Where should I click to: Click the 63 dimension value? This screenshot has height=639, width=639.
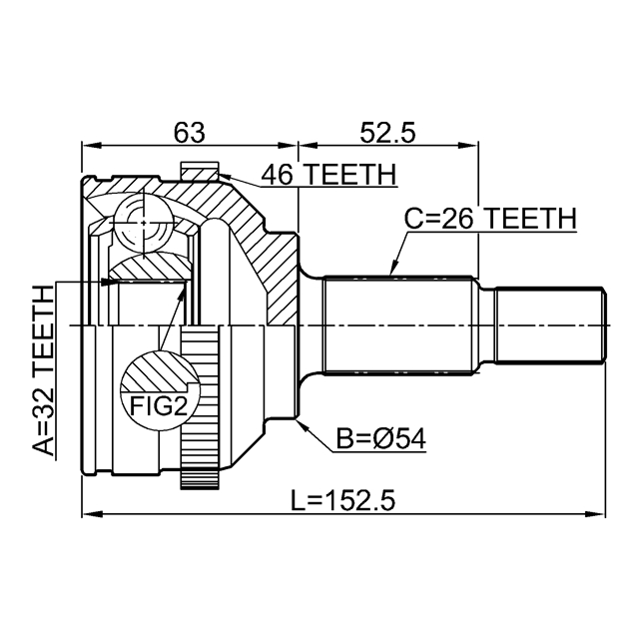click(x=189, y=133)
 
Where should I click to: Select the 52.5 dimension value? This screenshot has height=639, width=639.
click(x=387, y=133)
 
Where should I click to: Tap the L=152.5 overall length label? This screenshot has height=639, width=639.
click(x=342, y=500)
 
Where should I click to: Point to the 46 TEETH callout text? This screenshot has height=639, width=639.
click(x=328, y=175)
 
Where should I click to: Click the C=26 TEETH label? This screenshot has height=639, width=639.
click(x=490, y=218)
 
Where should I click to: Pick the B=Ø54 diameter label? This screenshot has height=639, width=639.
click(x=380, y=439)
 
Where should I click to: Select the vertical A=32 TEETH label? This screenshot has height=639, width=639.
click(x=44, y=370)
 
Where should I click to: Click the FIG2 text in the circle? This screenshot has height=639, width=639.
click(x=159, y=406)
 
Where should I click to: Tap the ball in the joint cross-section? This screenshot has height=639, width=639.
click(x=144, y=223)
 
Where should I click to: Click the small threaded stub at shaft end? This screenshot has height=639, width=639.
click(x=550, y=325)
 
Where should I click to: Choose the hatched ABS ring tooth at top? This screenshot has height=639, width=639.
click(x=200, y=171)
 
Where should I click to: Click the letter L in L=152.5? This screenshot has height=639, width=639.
click(x=297, y=500)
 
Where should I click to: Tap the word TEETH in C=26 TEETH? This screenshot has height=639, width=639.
click(x=532, y=218)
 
